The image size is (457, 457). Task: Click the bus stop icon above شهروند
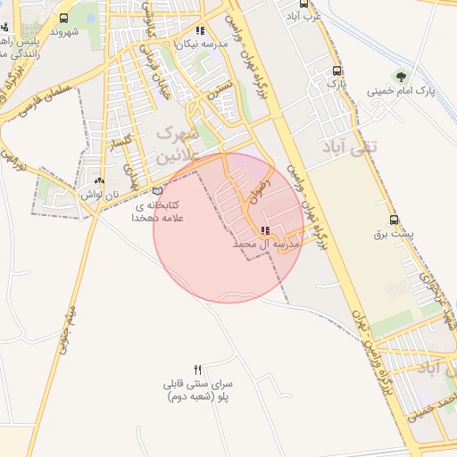tap(64, 18)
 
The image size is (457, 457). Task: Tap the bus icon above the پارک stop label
tap(336, 71)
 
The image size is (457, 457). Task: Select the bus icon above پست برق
tap(394, 220)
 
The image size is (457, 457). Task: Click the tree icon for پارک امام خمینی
tap(399, 76)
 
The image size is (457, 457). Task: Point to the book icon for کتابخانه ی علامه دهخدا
tap(158, 190)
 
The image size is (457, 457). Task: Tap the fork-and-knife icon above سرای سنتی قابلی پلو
tap(198, 370)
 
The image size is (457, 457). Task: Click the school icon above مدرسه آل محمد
tap(264, 231)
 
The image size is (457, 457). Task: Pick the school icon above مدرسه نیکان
tap(201, 31)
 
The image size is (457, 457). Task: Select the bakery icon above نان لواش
tap(112, 181)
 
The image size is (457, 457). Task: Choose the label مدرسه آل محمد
tap(265, 244)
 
